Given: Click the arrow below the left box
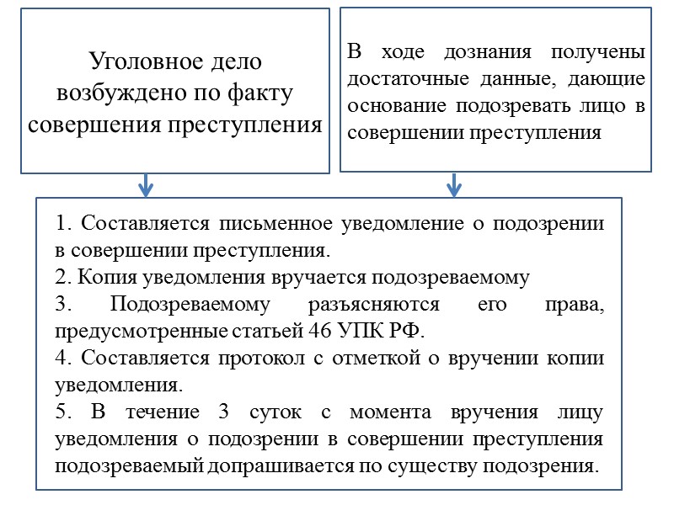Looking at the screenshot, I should pos(146,184).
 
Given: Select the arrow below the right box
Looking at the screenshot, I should pos(454,184).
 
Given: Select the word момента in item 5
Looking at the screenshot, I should pos(378,412).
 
